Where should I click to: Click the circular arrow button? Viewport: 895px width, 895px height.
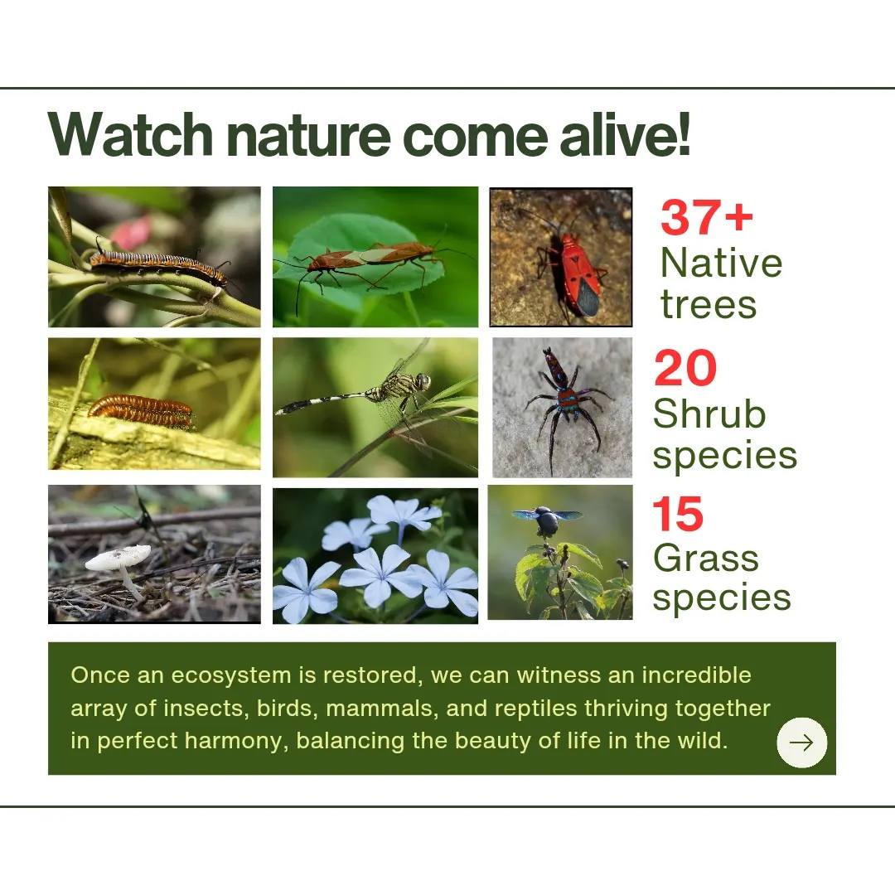801,742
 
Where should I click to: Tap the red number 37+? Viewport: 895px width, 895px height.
707,217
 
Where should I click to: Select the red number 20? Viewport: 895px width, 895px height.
685,368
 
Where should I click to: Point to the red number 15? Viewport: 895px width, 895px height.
678,514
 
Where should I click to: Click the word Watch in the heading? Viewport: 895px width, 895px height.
131,135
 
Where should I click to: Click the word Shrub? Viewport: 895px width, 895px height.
709,414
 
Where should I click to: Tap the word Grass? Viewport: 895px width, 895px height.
705,558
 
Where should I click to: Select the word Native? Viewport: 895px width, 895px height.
721,263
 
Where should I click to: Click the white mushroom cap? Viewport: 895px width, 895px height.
119,557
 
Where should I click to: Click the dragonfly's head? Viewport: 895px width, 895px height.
423,380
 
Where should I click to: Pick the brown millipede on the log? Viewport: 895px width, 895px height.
141,410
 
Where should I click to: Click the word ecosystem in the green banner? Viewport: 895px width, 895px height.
232,676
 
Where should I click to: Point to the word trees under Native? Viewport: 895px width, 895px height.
708,304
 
